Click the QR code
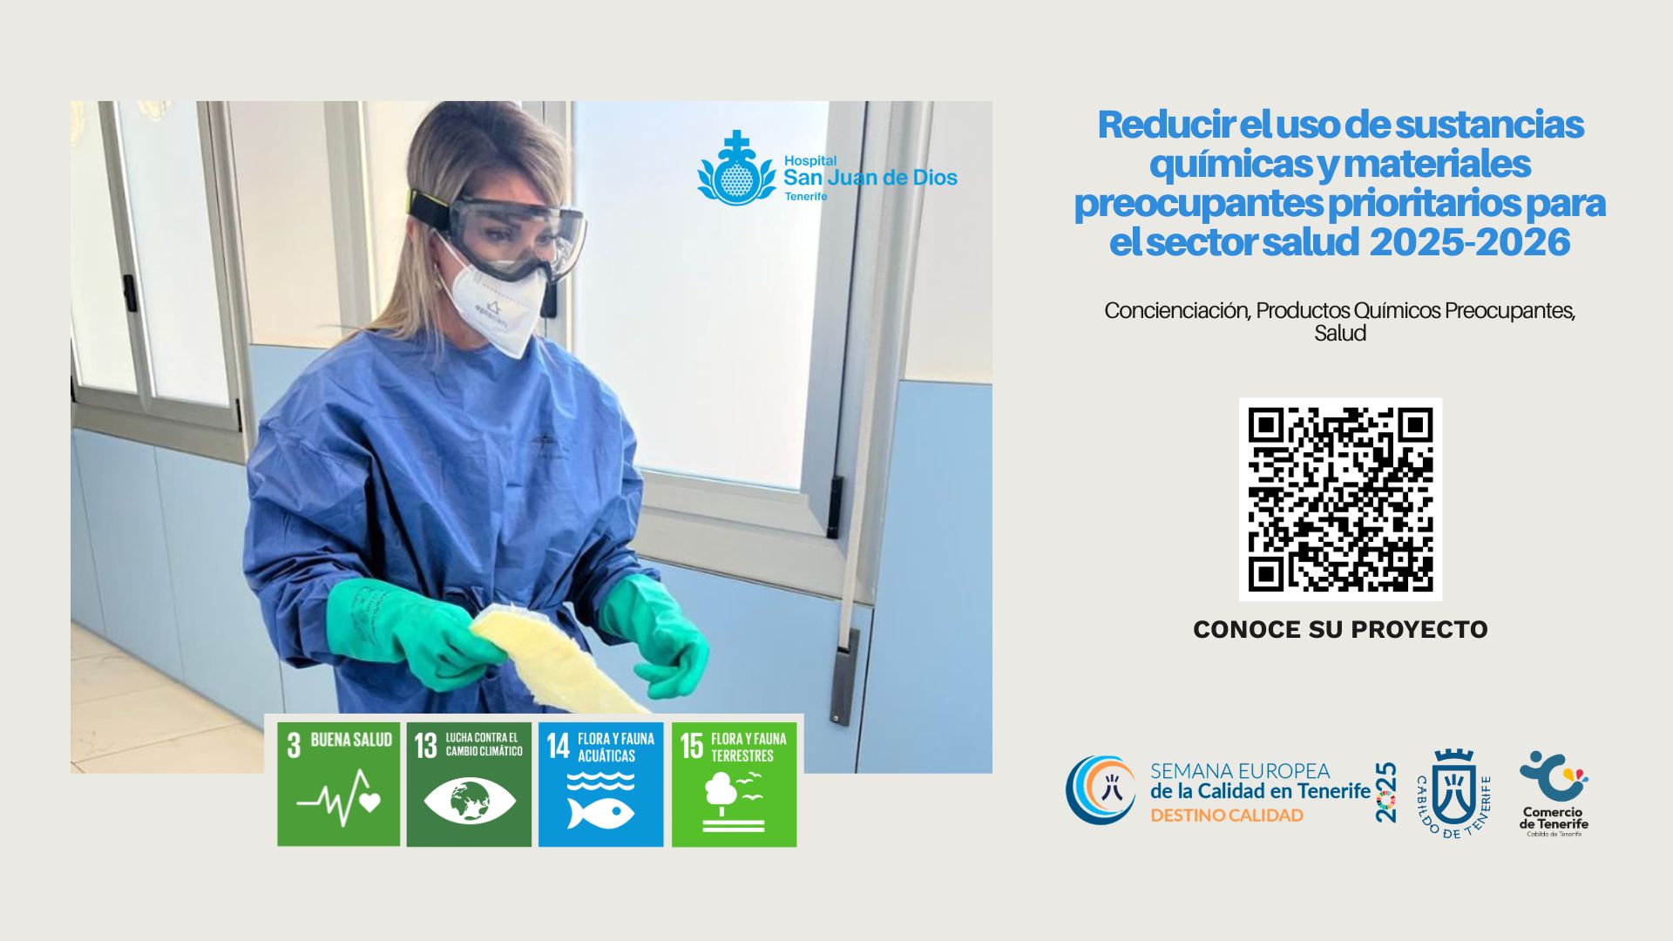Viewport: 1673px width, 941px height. tap(1340, 499)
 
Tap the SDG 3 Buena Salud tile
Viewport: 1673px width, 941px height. tap(339, 784)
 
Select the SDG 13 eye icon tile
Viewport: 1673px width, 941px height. tap(469, 784)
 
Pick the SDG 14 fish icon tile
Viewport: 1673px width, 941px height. tap(600, 784)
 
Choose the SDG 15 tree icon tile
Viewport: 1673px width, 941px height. tap(734, 784)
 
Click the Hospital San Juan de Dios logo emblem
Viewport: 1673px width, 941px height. tap(736, 168)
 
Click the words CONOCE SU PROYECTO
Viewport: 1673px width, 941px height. tap(1340, 629)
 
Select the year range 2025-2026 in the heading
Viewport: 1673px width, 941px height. tap(1470, 241)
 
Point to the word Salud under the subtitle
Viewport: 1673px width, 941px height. tap(1340, 333)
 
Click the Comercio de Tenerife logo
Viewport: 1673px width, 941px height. tap(1554, 794)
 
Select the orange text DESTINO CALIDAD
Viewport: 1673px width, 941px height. tap(1227, 816)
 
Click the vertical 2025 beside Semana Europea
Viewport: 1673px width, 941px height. tap(1385, 792)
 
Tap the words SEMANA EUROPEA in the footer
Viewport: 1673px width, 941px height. tap(1240, 771)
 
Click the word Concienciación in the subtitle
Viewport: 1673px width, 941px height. tap(1175, 310)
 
